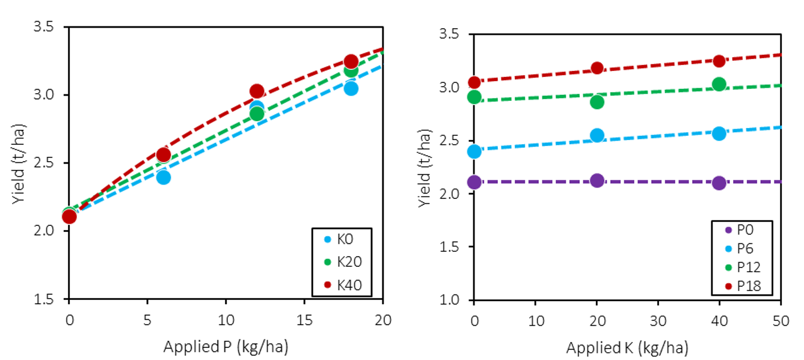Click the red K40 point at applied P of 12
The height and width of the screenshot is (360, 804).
coord(257,91)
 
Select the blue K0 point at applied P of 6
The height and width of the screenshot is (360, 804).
coord(163,177)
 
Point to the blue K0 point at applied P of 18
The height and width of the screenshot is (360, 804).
coord(351,88)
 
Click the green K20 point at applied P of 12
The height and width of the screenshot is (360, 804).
coord(257,114)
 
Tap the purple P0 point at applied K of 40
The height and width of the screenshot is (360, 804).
coord(719,183)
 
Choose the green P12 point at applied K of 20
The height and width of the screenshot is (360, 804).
coord(597,102)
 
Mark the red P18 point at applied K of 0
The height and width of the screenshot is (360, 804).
coord(474,82)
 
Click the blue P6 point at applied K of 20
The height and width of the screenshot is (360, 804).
coord(597,135)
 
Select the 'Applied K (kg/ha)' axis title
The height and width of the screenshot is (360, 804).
coord(627,348)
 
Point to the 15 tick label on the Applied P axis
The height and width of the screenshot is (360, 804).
coord(304,320)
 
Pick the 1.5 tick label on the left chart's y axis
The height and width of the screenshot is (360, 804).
coord(46,299)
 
